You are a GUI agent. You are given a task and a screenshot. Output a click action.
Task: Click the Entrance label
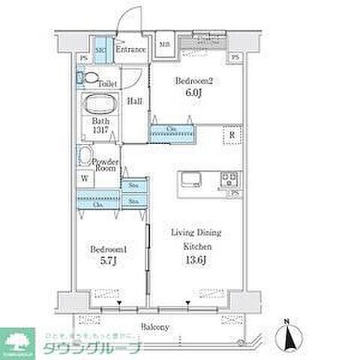[130, 50]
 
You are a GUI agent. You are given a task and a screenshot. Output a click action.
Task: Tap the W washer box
[84, 179]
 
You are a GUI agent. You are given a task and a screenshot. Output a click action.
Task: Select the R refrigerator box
[233, 136]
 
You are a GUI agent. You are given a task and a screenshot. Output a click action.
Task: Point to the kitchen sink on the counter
[189, 180]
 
